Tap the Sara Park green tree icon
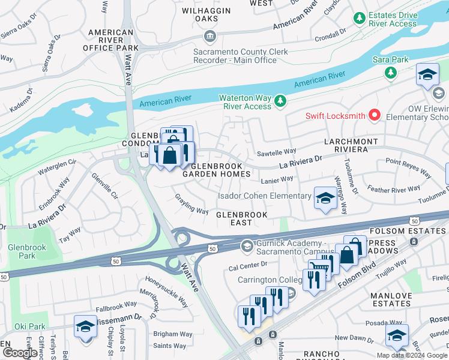391,73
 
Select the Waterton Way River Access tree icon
280,101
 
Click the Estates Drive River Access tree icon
360,19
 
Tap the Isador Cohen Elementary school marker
325,198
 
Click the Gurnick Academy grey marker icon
247,246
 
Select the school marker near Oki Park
85,327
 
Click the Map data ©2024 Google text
412,355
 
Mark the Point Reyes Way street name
408,169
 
